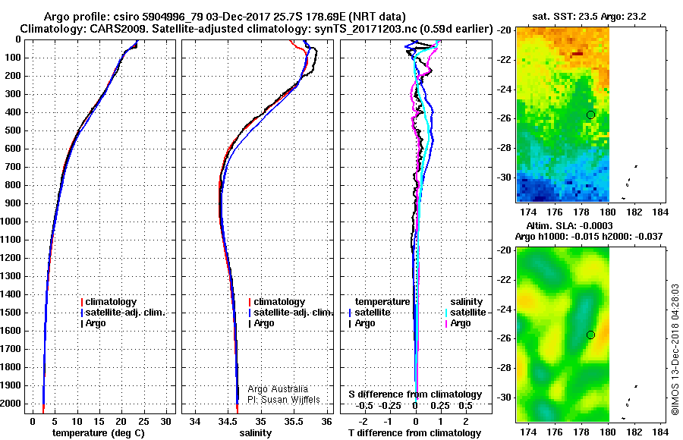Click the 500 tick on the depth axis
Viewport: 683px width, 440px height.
tap(13, 130)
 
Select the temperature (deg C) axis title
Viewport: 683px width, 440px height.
tap(99, 433)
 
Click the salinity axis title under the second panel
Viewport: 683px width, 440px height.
tap(255, 433)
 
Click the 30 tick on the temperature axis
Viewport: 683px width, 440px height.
tap(165, 422)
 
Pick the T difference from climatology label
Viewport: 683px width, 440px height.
tap(414, 433)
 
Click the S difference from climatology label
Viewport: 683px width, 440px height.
tap(415, 394)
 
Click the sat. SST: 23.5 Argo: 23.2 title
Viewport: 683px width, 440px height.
tap(590, 17)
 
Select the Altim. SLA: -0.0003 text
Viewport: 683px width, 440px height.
tap(570, 226)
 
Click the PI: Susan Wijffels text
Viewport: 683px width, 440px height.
tap(284, 400)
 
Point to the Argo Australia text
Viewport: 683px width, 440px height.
tap(278, 389)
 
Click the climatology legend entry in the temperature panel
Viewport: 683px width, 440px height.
tap(109, 302)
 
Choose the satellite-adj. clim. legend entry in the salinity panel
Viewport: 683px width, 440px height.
tap(290, 313)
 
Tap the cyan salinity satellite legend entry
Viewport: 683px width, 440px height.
tap(465, 313)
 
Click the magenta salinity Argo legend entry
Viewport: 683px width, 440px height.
tap(458, 323)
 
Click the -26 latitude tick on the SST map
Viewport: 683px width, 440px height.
tap(505, 118)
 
